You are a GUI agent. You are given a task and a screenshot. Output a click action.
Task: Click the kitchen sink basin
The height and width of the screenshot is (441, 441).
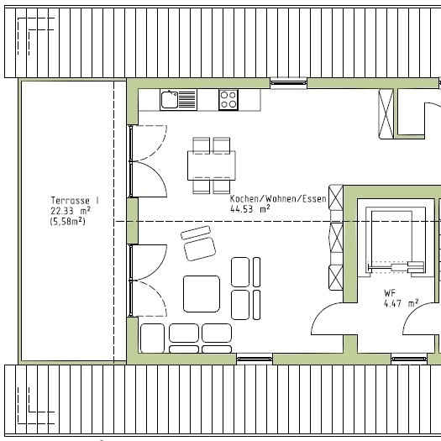[x=170, y=100]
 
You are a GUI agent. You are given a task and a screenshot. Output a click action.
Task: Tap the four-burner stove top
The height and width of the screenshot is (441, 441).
[x=228, y=100]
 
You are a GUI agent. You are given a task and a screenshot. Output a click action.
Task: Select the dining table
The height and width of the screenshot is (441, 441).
[x=212, y=165]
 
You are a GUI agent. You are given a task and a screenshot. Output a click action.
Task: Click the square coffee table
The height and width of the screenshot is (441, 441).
[x=202, y=294]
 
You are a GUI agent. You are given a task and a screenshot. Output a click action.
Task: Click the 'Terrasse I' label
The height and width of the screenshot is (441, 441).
[x=75, y=201]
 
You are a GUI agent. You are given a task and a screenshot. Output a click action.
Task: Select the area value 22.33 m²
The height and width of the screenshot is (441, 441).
[x=71, y=211]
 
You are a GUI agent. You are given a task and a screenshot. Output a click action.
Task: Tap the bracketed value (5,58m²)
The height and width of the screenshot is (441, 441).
[x=68, y=222]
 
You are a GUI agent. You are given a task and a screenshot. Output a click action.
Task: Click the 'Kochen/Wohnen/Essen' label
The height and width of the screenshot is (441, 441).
[x=278, y=198]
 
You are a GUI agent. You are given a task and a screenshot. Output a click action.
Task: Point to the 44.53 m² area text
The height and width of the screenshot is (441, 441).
[x=250, y=209]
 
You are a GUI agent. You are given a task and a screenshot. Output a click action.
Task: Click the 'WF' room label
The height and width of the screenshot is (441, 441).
[x=390, y=293]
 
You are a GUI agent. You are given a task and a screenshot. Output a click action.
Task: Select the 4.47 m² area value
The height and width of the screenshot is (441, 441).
[x=401, y=303]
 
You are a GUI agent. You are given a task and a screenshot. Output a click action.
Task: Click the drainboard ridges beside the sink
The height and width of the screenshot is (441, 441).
[x=187, y=100]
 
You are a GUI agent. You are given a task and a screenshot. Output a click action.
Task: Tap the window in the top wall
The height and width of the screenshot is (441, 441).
[x=289, y=83]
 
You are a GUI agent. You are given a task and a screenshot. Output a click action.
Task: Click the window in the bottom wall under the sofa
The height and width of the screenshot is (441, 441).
[x=255, y=360]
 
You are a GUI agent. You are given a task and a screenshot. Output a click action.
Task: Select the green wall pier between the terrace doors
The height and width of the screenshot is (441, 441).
[x=133, y=221]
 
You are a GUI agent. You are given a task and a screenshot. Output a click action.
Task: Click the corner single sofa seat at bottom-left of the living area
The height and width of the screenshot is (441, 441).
[x=152, y=338]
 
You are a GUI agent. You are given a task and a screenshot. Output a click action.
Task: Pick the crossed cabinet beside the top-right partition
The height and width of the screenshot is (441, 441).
[x=386, y=114]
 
